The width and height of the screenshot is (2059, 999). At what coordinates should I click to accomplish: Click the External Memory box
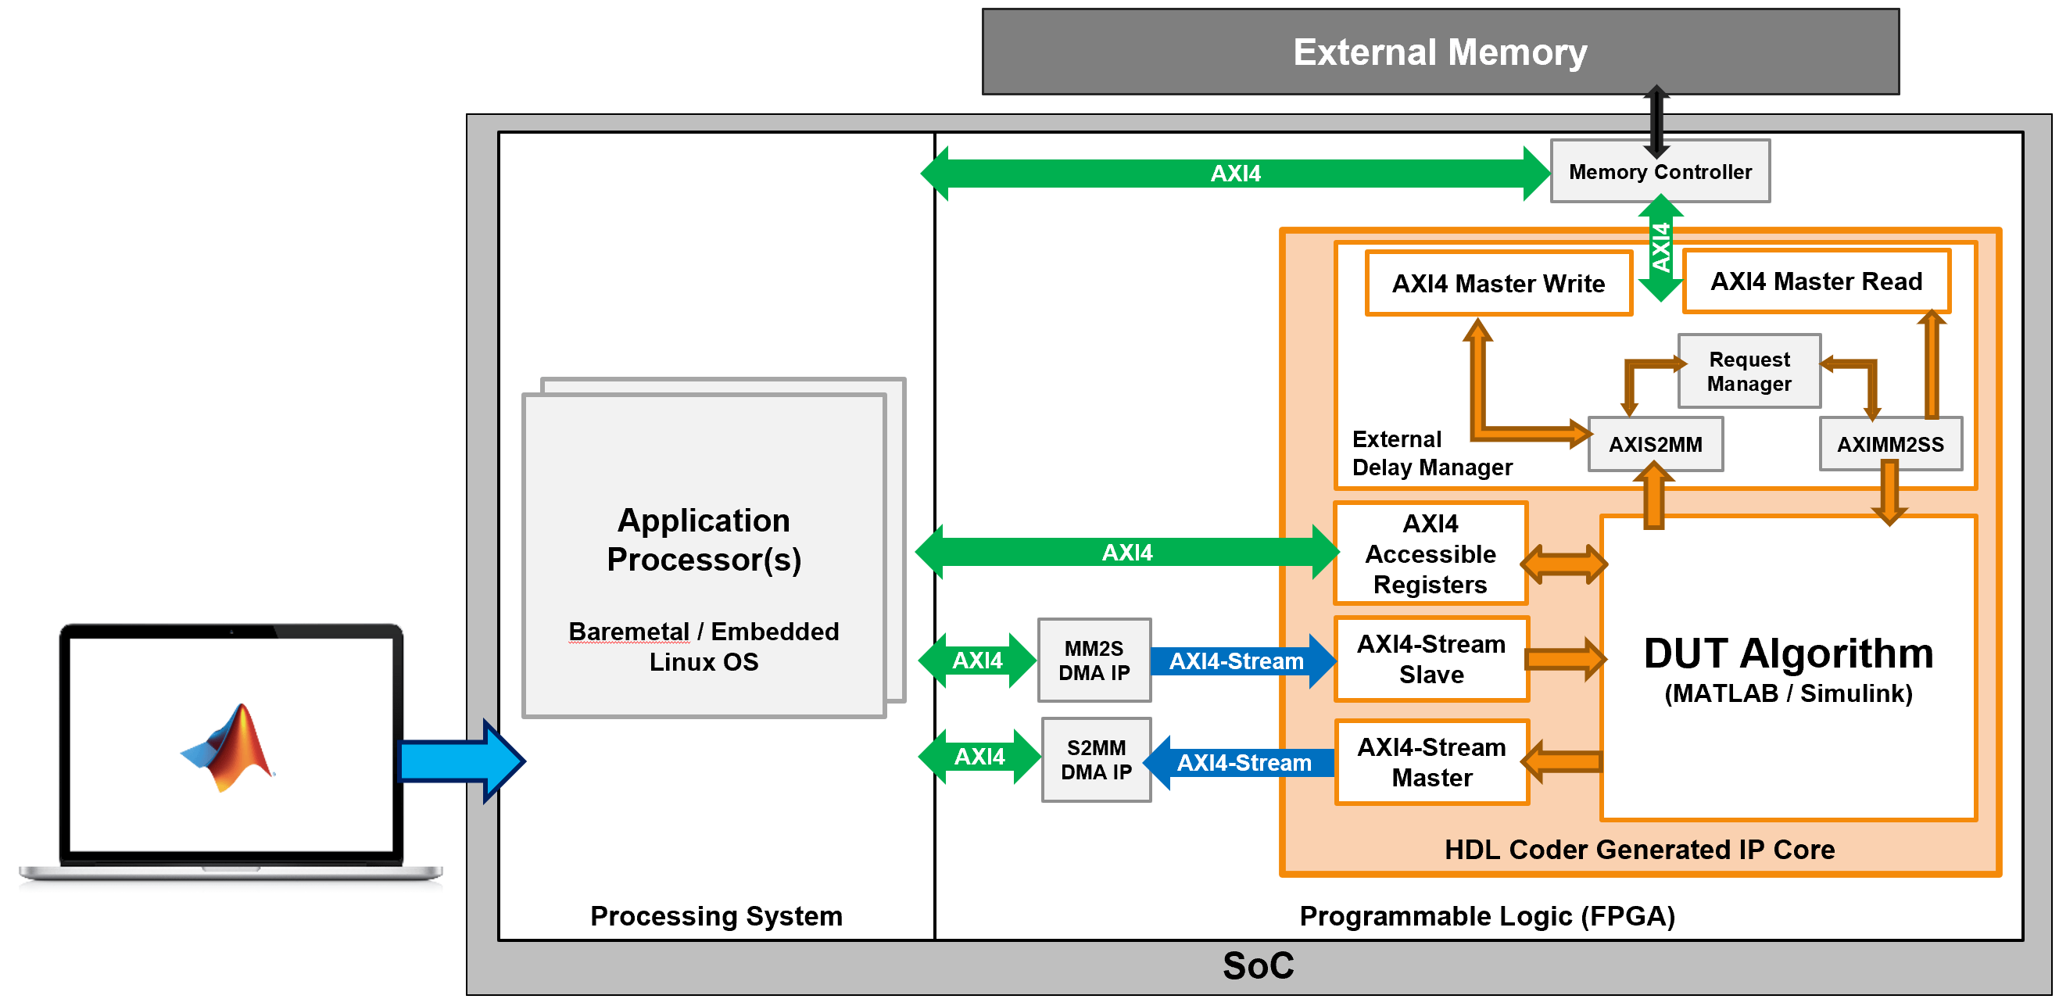(1440, 52)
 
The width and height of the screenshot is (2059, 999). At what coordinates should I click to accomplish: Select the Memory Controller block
(1660, 172)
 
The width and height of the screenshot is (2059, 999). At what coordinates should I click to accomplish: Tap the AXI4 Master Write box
(1498, 284)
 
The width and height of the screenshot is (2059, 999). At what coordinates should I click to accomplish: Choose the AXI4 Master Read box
(1815, 281)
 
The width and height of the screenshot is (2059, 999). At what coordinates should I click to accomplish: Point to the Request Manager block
(1749, 371)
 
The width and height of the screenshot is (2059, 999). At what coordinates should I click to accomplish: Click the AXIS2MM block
(1655, 444)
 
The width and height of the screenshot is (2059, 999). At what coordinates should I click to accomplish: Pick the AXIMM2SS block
(1889, 444)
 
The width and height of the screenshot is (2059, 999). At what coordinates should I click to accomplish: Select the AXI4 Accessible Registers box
(1430, 554)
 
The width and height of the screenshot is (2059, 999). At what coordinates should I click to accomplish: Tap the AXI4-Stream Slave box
(1431, 659)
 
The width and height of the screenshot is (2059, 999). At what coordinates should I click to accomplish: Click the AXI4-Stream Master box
(1431, 762)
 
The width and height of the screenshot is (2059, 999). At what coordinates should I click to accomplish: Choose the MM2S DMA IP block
(1094, 661)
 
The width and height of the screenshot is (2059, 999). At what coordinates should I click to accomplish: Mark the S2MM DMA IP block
(1096, 760)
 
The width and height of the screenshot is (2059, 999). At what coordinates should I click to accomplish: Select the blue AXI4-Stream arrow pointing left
(1241, 763)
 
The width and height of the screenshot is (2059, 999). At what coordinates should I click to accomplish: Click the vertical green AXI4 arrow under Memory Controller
(1660, 248)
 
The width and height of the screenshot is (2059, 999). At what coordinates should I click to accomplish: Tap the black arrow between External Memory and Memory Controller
(1656, 120)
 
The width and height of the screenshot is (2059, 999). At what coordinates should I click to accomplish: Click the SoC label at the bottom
(1257, 966)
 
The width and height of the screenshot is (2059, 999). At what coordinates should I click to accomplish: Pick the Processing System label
(715, 916)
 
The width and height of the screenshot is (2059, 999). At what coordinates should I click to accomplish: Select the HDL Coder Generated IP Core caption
(1638, 850)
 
